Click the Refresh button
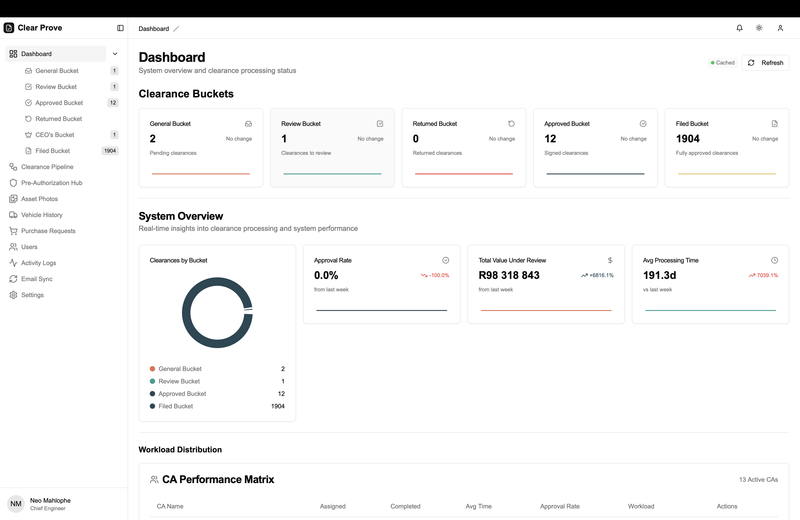tap(765, 63)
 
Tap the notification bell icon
tap(740, 28)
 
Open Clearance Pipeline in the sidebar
tap(47, 167)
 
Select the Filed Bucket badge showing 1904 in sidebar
tap(110, 151)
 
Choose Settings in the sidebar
tap(32, 295)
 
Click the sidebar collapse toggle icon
tap(120, 28)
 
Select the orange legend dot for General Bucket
tap(152, 369)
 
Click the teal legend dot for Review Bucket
tap(152, 381)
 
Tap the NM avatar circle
tap(16, 504)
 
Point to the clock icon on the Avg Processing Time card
tap(774, 260)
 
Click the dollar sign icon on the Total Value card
tap(610, 260)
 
